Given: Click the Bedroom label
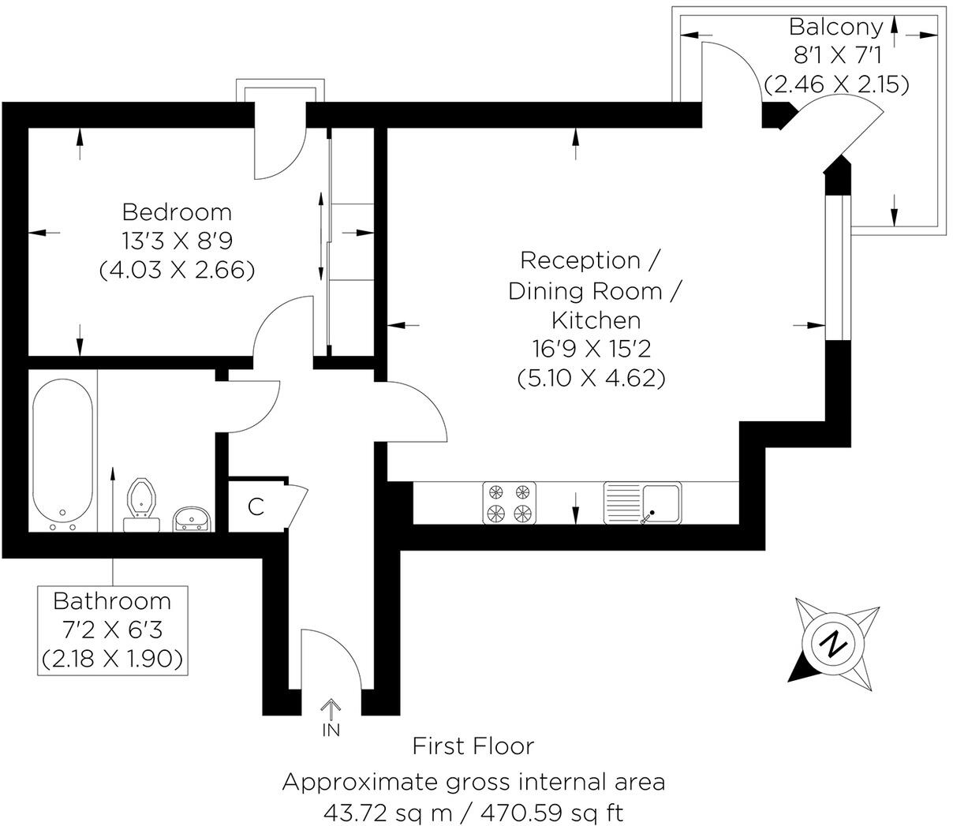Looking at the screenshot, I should [x=177, y=212].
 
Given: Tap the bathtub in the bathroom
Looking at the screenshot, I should [x=63, y=455].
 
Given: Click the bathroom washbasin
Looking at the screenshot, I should [x=192, y=519].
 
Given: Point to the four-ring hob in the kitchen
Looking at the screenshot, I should [x=509, y=503].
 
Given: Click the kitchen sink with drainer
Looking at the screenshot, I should [x=643, y=503].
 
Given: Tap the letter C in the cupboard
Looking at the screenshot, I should [x=256, y=506].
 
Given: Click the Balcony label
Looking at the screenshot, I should [x=836, y=27].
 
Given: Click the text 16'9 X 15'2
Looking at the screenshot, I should [x=590, y=349].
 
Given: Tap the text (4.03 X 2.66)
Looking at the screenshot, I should [x=177, y=271].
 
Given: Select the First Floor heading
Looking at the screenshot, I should [x=473, y=746].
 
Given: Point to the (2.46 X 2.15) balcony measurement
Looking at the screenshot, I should [x=836, y=84].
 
